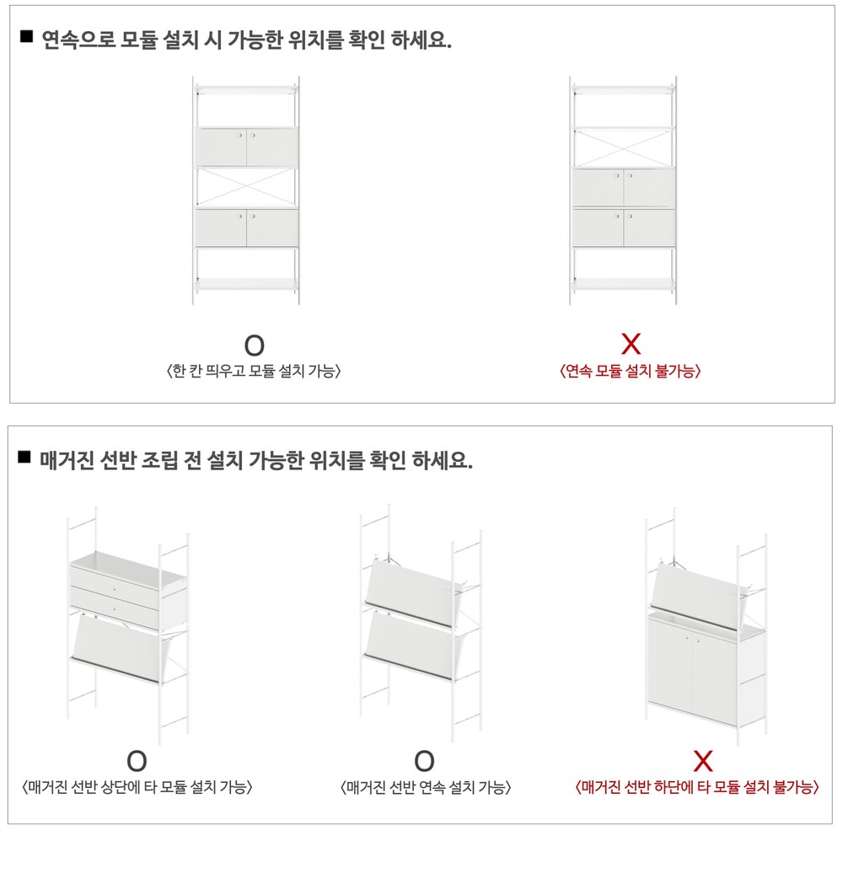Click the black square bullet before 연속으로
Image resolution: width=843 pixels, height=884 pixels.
tap(26, 36)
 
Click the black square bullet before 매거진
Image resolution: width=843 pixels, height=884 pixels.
tap(24, 457)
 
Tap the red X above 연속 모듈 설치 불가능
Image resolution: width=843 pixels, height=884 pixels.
tap(631, 344)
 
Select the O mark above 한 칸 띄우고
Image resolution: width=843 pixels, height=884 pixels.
tap(255, 346)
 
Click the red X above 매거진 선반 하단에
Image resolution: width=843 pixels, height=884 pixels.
tap(703, 761)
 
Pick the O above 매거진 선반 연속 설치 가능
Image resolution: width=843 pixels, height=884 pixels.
tap(425, 761)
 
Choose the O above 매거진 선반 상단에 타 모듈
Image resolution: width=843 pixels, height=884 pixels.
tap(137, 761)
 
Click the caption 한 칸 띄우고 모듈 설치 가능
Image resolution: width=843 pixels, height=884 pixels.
tap(254, 371)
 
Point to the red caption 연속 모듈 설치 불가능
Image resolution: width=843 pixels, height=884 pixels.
tap(631, 371)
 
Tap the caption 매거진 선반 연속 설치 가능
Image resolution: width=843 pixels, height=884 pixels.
tap(426, 787)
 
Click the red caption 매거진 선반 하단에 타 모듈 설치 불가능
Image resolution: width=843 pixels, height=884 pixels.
tap(697, 787)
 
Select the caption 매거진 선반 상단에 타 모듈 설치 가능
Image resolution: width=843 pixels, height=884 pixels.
tap(137, 787)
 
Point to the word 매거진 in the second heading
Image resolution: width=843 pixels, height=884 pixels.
tap(67, 460)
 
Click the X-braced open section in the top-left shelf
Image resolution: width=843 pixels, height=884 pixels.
tap(246, 187)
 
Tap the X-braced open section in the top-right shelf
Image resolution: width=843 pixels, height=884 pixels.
tap(624, 147)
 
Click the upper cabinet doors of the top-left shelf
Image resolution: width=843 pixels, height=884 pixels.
tap(246, 147)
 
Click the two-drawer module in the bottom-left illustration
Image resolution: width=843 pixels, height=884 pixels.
tap(128, 589)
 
